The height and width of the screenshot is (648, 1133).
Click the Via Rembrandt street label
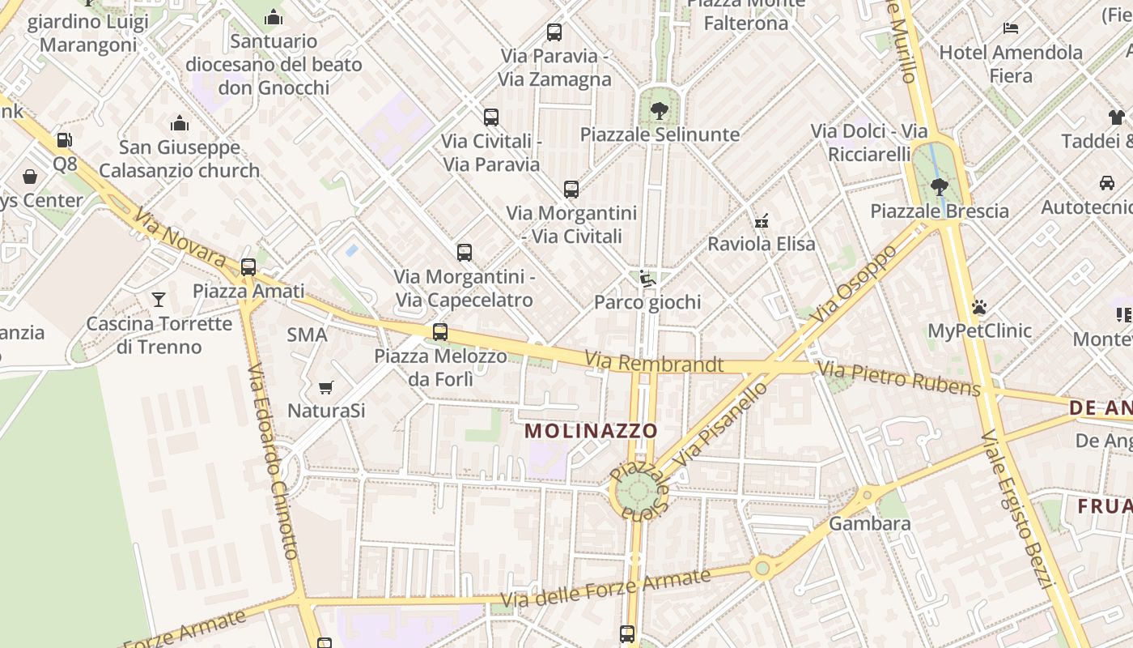pyautogui.click(x=654, y=362)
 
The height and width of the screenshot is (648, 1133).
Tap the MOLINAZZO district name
pyautogui.click(x=591, y=430)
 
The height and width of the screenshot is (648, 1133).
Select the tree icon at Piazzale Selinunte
pyautogui.click(x=660, y=111)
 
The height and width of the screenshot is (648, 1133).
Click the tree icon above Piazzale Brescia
pyautogui.click(x=939, y=187)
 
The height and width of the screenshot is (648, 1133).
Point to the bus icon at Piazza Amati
pyautogui.click(x=248, y=266)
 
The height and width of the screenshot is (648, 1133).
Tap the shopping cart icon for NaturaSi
pyautogui.click(x=326, y=387)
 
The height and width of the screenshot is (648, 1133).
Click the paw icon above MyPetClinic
pyautogui.click(x=979, y=307)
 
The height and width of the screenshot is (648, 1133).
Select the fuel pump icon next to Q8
pyautogui.click(x=64, y=140)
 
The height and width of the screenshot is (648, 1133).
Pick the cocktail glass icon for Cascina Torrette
pyautogui.click(x=159, y=300)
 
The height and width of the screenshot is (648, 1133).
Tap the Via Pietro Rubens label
pyautogui.click(x=898, y=379)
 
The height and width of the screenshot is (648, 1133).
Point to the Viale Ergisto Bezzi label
pyautogui.click(x=1016, y=510)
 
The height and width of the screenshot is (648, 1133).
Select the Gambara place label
pyautogui.click(x=870, y=523)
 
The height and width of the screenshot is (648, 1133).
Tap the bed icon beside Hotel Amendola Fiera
pyautogui.click(x=1011, y=28)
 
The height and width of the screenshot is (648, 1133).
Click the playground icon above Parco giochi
pyautogui.click(x=647, y=279)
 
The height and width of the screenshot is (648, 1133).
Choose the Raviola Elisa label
pyautogui.click(x=762, y=243)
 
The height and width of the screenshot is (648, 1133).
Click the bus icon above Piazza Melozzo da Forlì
pyautogui.click(x=440, y=332)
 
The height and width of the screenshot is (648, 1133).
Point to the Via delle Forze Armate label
pyautogui.click(x=605, y=589)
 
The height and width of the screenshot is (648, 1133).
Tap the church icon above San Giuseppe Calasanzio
pyautogui.click(x=180, y=123)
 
